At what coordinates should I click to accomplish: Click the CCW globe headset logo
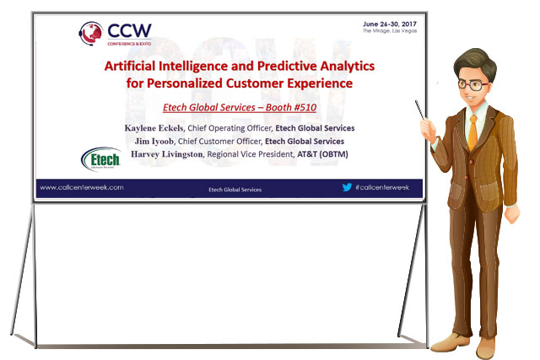click(x=91, y=34)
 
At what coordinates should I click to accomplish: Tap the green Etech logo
click(x=101, y=159)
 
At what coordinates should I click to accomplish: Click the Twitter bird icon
click(x=347, y=187)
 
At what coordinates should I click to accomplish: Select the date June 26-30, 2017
click(x=390, y=24)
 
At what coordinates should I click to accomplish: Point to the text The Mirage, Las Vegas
click(x=390, y=30)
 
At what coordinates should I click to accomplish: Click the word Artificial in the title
click(x=130, y=66)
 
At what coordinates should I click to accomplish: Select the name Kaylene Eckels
click(x=154, y=128)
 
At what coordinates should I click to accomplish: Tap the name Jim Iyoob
click(x=154, y=141)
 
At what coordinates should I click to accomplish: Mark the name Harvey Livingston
click(x=167, y=154)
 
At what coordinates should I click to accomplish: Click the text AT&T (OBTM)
click(x=322, y=154)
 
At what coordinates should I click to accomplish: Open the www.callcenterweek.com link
click(x=82, y=187)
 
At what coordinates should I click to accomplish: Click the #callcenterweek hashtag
click(x=382, y=187)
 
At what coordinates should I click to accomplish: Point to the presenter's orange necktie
click(x=472, y=133)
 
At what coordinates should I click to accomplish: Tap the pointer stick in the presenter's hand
click(x=420, y=110)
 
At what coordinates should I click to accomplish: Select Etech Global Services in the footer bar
click(x=235, y=190)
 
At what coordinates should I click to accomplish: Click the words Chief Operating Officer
click(x=229, y=128)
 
